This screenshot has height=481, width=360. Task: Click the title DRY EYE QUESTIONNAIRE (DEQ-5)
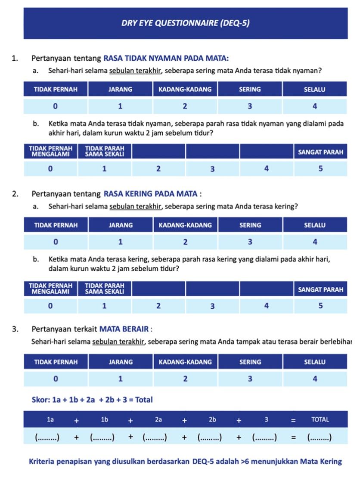tap(185, 23)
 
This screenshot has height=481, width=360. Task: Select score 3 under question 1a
tap(250, 106)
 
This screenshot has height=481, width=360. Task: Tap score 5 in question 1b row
tap(320, 169)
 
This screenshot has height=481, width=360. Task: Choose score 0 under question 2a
tap(56, 242)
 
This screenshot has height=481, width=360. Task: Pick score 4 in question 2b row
tap(266, 306)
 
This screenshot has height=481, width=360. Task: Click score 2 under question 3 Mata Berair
tap(185, 379)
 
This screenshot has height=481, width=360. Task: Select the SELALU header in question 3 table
tap(315, 362)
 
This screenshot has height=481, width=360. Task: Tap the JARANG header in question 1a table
tap(120, 90)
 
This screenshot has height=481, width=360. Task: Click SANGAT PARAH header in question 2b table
tap(320, 289)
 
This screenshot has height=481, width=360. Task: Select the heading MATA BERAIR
tap(124, 329)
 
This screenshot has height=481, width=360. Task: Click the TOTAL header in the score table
tap(320, 419)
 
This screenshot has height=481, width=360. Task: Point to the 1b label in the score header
tap(105, 419)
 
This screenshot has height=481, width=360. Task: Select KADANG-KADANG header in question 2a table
tap(185, 225)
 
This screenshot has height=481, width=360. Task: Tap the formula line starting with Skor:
tap(92, 400)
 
